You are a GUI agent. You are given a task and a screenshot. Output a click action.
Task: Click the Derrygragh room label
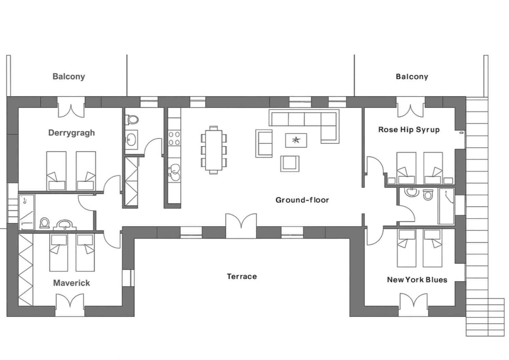pos(72,133)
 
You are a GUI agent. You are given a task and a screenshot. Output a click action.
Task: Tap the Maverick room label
pos(72,283)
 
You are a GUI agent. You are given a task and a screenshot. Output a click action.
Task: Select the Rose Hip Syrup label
pos(409,130)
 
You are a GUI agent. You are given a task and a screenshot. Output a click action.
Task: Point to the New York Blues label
pos(417,280)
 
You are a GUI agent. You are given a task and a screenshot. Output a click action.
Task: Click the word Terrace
pos(242,276)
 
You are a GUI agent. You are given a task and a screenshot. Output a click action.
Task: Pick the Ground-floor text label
pos(302,200)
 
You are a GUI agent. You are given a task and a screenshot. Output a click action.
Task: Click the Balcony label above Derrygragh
pos(69,76)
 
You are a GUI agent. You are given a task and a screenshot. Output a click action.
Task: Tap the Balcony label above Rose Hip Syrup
pos(412,76)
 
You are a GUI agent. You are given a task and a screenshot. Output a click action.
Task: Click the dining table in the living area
pos(214,150)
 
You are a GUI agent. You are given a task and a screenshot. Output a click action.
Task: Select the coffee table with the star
pos(296,140)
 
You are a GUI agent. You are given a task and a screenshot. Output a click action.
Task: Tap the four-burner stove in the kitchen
pos(174,138)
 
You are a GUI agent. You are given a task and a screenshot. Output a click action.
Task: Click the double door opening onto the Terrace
pos(241,225)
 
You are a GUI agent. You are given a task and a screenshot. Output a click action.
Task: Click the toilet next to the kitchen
pos(132,119)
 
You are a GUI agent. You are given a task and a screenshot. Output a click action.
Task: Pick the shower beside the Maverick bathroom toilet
pos(26,211)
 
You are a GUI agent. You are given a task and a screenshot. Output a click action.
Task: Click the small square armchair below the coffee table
pos(290,163)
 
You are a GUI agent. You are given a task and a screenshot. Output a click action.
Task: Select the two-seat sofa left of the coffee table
pos(264,143)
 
